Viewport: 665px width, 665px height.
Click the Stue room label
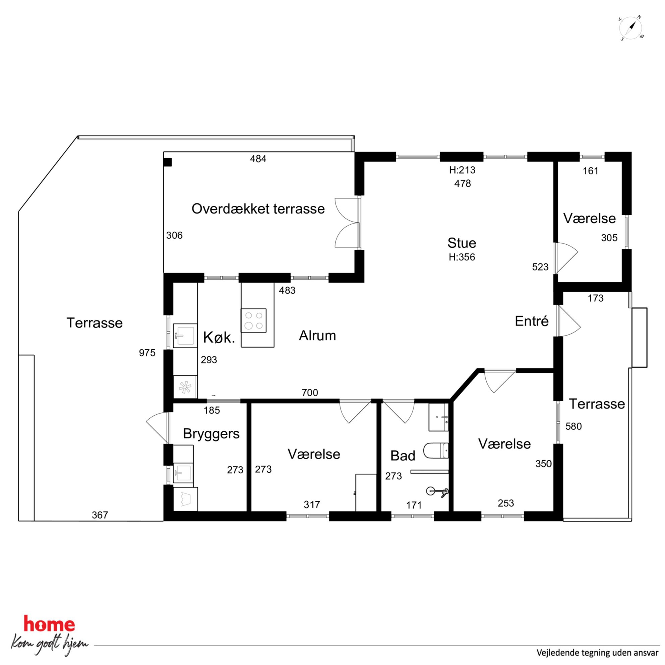click(462, 243)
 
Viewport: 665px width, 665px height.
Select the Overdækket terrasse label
click(258, 209)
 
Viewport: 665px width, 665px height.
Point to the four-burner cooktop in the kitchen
click(254, 320)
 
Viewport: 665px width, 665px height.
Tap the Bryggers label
click(211, 434)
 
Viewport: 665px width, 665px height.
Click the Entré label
click(532, 321)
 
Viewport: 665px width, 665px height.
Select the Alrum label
click(317, 336)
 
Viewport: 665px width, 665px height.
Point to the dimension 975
click(147, 353)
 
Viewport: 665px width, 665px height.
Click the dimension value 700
click(310, 392)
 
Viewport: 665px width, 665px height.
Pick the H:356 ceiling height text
click(462, 257)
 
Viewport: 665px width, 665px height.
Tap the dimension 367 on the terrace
click(100, 515)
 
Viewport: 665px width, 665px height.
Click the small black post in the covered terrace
click(168, 162)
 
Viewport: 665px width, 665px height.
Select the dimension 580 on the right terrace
click(573, 426)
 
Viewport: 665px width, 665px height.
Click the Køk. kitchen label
click(219, 338)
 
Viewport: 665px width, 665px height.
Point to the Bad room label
click(403, 456)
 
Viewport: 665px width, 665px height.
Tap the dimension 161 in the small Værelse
click(591, 171)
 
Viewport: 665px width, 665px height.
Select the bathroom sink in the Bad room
click(438, 417)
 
